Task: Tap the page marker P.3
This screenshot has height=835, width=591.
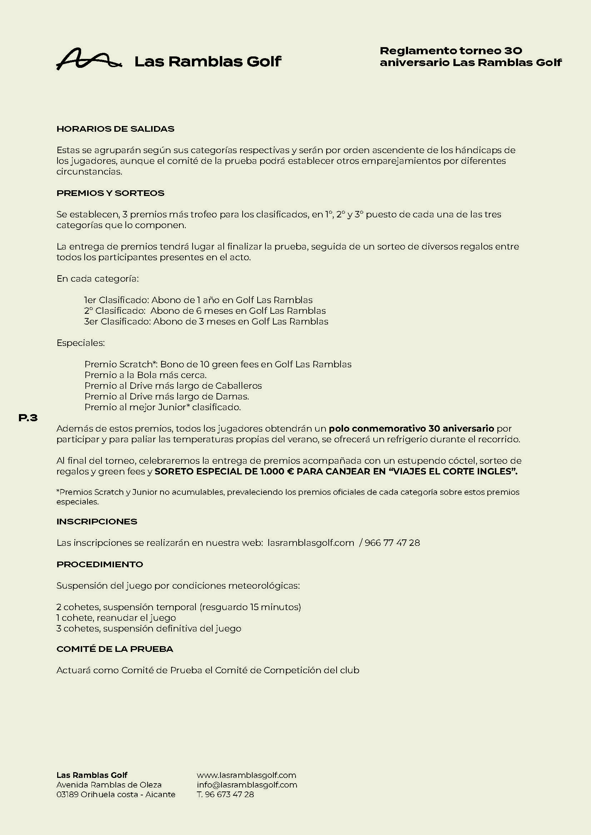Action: pyautogui.click(x=28, y=418)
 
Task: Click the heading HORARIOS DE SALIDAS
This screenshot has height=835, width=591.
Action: pyautogui.click(x=115, y=129)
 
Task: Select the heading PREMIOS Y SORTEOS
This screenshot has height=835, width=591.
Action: pyautogui.click(x=110, y=193)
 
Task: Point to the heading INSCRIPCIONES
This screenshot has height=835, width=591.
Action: pyautogui.click(x=97, y=522)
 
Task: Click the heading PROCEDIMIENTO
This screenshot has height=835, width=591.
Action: pyautogui.click(x=100, y=564)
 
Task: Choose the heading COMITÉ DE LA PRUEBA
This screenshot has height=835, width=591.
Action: pyautogui.click(x=115, y=649)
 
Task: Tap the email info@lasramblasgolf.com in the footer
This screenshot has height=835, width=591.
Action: pyautogui.click(x=247, y=785)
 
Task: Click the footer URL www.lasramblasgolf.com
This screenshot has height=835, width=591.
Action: pyautogui.click(x=247, y=775)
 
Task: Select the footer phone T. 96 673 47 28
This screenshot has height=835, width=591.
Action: pyautogui.click(x=225, y=795)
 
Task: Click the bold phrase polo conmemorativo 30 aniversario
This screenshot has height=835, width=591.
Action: pyautogui.click(x=411, y=428)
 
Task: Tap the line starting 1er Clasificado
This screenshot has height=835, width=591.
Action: pyautogui.click(x=198, y=300)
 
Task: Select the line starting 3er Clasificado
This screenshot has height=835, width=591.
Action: pyautogui.click(x=206, y=322)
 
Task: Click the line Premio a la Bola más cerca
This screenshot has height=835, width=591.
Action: pyautogui.click(x=145, y=375)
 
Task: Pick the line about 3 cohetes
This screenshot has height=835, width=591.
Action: pyautogui.click(x=149, y=628)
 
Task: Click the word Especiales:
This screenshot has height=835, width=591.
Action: pyautogui.click(x=80, y=343)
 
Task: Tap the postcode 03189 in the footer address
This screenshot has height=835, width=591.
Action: pyautogui.click(x=67, y=795)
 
